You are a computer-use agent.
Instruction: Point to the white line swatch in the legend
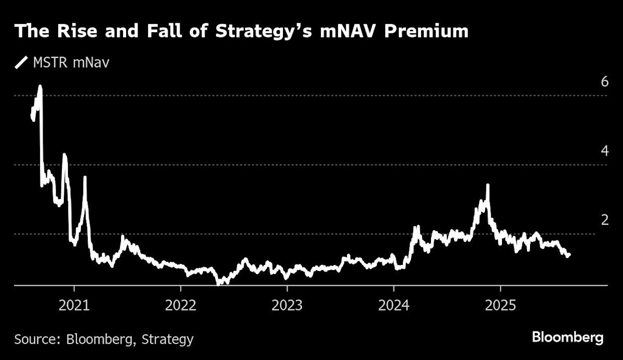point(21,63)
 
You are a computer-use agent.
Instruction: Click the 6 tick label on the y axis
point(589,82)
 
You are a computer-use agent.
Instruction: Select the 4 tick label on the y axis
point(589,151)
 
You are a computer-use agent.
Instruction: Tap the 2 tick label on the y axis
point(589,220)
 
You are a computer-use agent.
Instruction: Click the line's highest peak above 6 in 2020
point(40,86)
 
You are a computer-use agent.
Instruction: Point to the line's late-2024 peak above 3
point(487,185)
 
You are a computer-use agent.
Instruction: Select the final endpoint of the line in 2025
point(569,255)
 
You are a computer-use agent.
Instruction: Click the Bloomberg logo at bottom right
point(567,338)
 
